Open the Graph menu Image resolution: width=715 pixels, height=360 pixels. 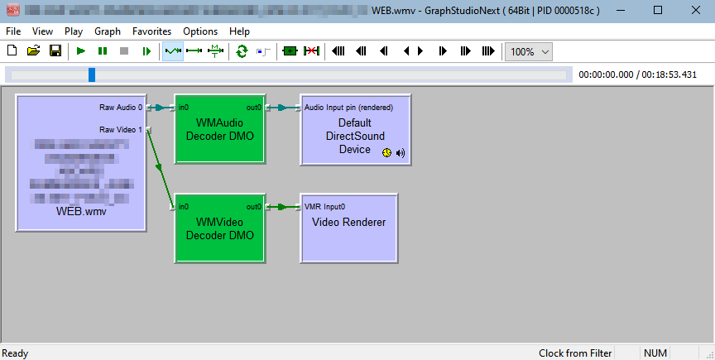point(108,31)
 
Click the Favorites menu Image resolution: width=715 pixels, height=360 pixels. point(152,31)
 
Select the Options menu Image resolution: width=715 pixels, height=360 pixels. point(200,31)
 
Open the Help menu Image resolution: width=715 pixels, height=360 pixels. point(239,31)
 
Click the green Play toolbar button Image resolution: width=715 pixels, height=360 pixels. point(80,51)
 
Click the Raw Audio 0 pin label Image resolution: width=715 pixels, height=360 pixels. point(121,108)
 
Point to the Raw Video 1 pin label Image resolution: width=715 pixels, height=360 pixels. point(121,130)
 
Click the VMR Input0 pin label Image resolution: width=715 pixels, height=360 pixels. point(325,207)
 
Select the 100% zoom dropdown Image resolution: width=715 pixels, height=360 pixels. point(530,51)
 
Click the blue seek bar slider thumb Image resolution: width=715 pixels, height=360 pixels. point(92,74)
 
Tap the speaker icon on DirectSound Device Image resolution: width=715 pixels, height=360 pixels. point(401,152)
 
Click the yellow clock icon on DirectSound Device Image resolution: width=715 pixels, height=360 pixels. point(386,152)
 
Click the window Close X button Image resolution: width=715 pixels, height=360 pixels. point(695,10)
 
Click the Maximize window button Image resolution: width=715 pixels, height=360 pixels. point(657,10)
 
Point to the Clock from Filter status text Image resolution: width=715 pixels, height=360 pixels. point(575,353)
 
